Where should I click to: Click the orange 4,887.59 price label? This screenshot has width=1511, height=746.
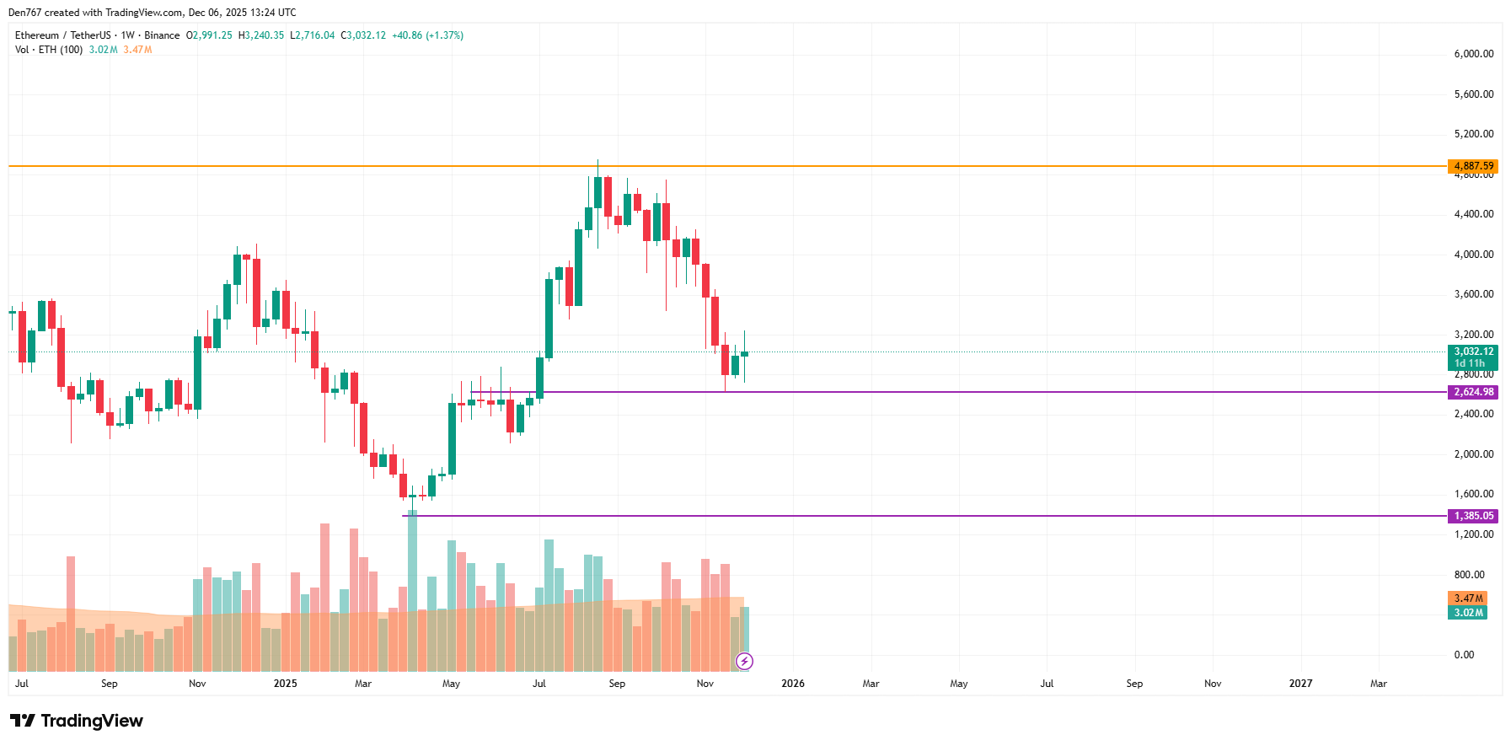(x=1472, y=166)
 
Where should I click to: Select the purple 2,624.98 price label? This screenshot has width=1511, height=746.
(x=1472, y=392)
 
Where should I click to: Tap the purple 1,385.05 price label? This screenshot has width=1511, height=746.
(x=1472, y=516)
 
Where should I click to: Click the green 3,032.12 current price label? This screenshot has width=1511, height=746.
(x=1472, y=352)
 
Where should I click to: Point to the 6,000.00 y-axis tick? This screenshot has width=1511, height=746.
(x=1473, y=54)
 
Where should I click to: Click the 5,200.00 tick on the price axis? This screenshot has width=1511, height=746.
(x=1473, y=134)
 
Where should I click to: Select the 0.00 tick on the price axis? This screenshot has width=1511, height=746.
(x=1464, y=655)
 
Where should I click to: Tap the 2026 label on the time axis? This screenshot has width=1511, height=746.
(x=793, y=684)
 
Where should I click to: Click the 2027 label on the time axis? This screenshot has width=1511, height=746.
(x=1300, y=684)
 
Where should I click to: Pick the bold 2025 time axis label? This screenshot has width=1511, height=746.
(x=286, y=684)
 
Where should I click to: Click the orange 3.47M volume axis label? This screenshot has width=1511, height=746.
(x=1468, y=598)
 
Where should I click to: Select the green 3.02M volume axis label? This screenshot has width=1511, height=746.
(x=1468, y=613)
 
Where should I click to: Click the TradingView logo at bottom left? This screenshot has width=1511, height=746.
(x=77, y=721)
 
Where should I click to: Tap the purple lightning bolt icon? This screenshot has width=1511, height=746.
(x=744, y=661)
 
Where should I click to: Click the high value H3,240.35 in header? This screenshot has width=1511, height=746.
(x=261, y=35)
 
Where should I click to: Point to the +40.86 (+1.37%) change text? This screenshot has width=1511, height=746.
(x=427, y=35)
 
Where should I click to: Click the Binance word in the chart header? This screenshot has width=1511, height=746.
(x=162, y=35)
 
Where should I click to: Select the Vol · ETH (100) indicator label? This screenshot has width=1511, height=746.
(x=49, y=50)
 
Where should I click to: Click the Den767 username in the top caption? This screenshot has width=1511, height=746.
(x=24, y=13)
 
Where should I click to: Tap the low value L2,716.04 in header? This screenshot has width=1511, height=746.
(x=312, y=35)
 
